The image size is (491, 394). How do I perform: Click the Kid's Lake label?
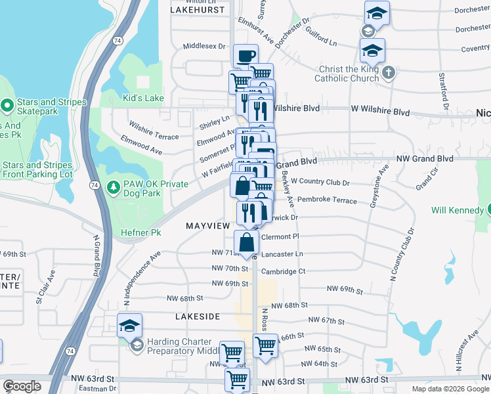144,98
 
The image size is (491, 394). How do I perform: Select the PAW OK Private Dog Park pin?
113,188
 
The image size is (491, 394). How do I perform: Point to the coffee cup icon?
245,56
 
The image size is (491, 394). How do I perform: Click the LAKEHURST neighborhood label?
192,11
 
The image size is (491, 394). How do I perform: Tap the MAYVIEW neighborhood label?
207,225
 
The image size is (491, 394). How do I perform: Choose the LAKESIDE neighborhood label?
198,317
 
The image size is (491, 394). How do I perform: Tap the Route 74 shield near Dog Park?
96,185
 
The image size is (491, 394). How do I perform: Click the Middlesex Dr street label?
204,47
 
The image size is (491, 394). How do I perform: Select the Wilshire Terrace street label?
154,131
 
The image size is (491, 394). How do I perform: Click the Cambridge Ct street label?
284,271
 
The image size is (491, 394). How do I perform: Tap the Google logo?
22,387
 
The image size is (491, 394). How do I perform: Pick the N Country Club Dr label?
402,255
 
